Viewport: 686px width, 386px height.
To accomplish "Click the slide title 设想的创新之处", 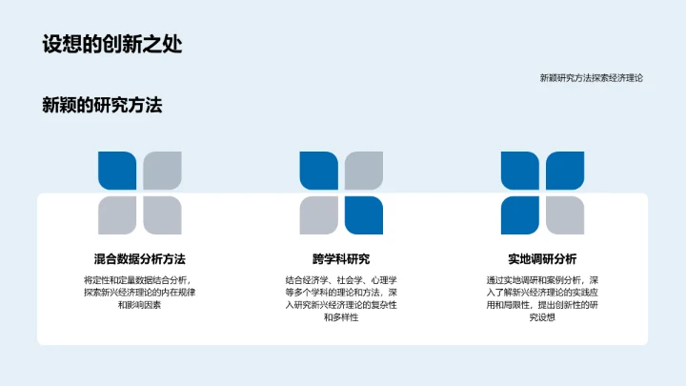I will coord(112,44).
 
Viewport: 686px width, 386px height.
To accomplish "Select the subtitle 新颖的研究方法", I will coord(102,106).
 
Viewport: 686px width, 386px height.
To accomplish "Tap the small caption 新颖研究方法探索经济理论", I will coord(591,78).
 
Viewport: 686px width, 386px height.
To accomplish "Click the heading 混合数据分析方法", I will coord(139,258).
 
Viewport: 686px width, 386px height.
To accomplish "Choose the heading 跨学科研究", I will coord(341,258).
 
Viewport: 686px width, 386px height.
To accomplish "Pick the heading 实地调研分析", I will coord(542,258).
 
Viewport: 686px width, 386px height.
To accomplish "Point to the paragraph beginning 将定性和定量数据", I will coord(139,292).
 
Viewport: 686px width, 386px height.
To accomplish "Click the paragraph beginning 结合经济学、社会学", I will coord(341,298).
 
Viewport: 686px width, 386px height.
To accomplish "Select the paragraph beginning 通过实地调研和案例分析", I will coord(542,298).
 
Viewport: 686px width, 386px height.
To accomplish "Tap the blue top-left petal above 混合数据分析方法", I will coord(118,172).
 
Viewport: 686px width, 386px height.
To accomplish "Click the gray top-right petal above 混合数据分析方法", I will coord(162,172).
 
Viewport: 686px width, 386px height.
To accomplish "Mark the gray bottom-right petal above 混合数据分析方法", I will coord(162,215).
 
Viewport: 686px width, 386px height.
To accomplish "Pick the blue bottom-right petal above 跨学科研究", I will coord(363,215).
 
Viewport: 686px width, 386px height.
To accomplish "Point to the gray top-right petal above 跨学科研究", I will coord(363,172).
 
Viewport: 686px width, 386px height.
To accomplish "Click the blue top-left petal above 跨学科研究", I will coord(319,172).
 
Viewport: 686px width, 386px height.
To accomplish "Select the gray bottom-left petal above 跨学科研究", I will coord(319,215).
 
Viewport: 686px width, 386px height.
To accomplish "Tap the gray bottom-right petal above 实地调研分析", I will coord(565,215).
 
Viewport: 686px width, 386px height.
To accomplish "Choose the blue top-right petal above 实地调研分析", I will coord(565,172).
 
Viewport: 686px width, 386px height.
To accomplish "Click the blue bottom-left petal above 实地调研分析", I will coord(520,215).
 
